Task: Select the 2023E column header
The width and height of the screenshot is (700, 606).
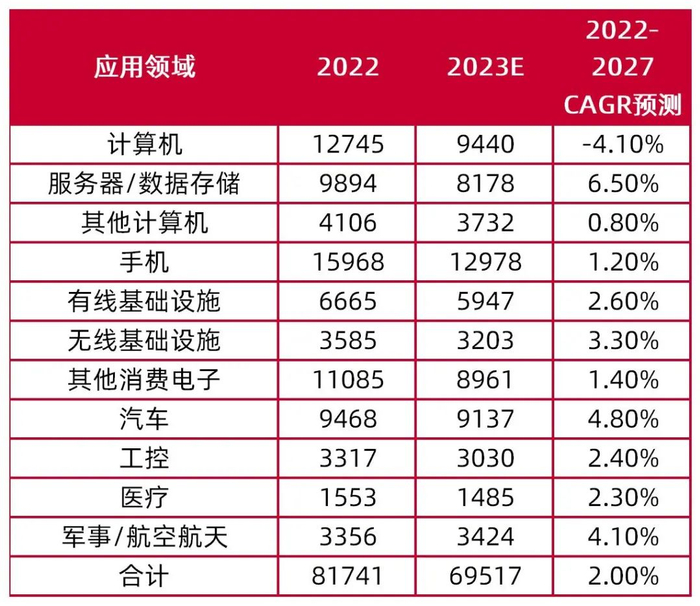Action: (486, 68)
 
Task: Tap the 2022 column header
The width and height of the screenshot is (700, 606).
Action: (348, 68)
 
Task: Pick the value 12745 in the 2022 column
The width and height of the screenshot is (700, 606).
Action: (348, 145)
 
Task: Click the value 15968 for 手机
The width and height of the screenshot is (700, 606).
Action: (348, 263)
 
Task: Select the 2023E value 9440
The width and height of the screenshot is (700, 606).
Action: (486, 145)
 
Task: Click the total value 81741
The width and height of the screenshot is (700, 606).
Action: (348, 577)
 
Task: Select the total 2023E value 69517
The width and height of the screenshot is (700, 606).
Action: (486, 577)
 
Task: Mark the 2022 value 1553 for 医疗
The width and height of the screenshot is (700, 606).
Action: (348, 499)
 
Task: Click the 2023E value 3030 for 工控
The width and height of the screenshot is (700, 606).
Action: (486, 460)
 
